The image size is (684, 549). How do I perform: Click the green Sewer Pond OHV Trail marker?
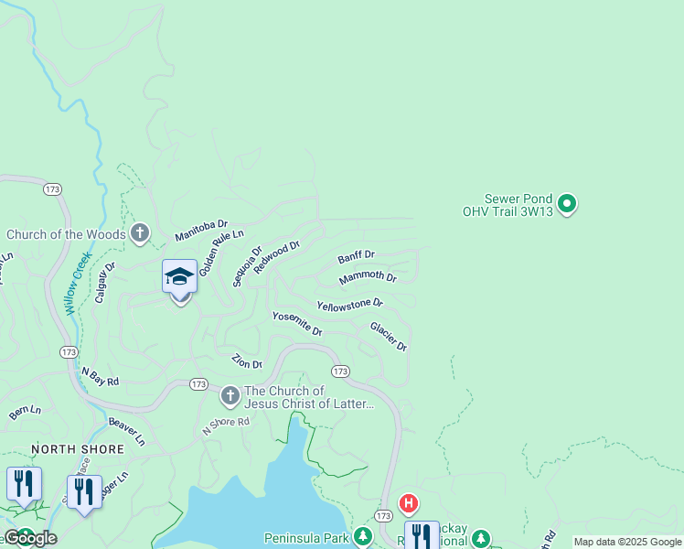(567, 203)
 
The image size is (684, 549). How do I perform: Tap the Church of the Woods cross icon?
(139, 233)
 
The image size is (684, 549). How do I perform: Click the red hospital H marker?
(409, 503)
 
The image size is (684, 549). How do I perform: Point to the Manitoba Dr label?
(201, 231)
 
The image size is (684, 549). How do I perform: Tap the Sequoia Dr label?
(247, 265)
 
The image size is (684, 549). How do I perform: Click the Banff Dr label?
(356, 257)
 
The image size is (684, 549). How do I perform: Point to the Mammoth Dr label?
(368, 277)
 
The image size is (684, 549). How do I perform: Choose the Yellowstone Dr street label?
(349, 303)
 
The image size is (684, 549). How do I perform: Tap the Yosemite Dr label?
(297, 323)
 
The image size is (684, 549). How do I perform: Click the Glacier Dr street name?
(388, 336)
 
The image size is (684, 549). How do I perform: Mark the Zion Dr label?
(247, 361)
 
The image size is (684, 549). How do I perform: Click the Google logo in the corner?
(29, 538)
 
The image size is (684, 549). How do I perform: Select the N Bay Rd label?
(101, 376)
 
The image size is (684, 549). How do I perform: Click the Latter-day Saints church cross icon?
(230, 396)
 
